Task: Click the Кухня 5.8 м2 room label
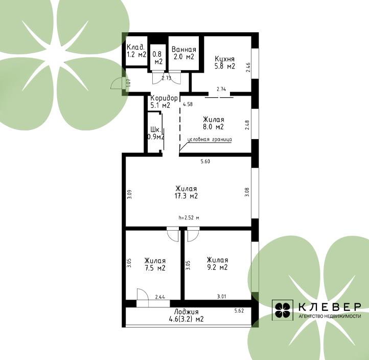pos(225,62)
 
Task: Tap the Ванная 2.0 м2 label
pos(184,53)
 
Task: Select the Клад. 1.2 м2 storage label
pos(136,51)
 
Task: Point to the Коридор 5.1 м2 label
pos(164,101)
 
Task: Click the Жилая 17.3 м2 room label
pos(186,192)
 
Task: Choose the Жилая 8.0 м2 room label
pos(214,123)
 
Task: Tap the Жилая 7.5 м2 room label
pos(155,264)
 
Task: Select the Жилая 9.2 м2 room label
pos(217,264)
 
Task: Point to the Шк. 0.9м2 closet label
pos(156,133)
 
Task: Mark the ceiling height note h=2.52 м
pos(189,218)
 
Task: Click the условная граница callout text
pos(210,140)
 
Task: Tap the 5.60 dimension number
pos(205,162)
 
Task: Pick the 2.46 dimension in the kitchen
pos(248,67)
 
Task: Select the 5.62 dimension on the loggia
pos(239,311)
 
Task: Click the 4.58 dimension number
pos(188,104)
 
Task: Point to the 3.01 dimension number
pos(221,297)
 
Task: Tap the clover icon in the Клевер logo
pos(283,310)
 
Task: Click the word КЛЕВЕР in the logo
pos(330,307)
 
